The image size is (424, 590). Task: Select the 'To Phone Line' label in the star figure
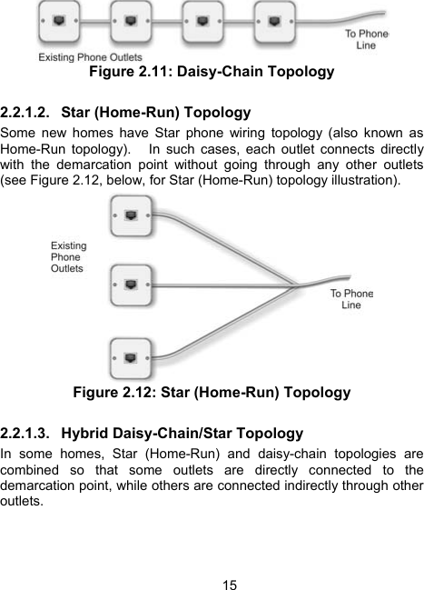coord(350,299)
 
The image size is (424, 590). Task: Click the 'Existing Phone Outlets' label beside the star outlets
coord(68,256)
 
